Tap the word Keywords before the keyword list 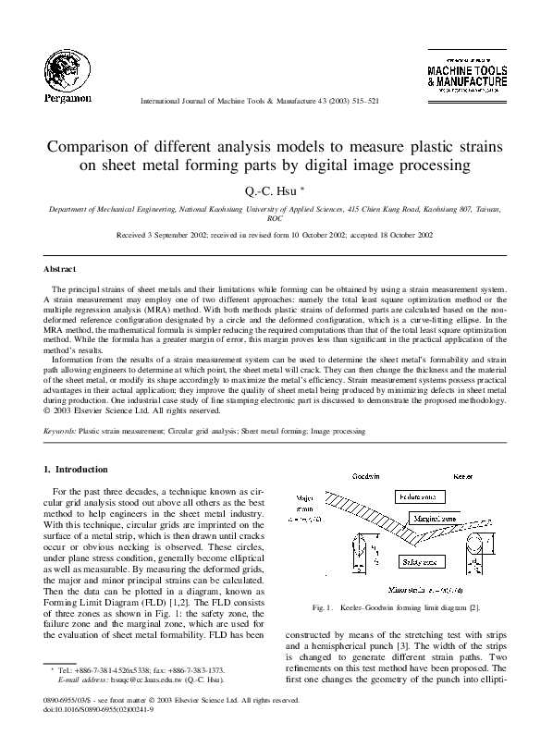(x=60, y=431)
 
